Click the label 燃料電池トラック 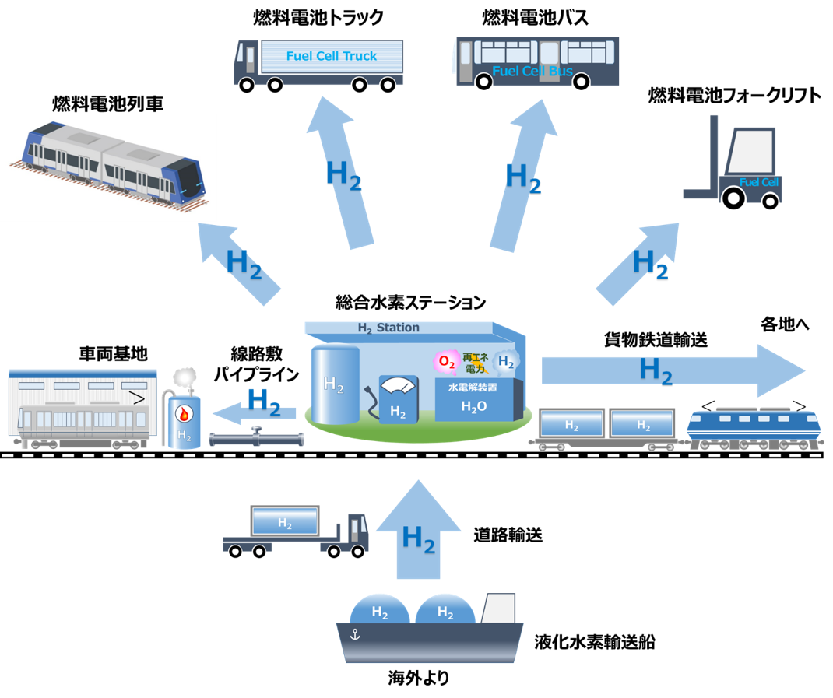318,18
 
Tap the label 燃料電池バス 535,18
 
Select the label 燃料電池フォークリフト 735,96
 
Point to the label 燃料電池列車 107,103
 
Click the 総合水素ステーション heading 410,302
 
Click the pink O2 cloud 446,362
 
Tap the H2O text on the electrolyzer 474,406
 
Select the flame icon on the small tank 184,414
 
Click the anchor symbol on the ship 356,633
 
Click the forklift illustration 733,162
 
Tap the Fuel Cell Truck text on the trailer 332,56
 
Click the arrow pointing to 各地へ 673,370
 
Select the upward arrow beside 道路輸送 419,529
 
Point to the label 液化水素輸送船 595,642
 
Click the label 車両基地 113,353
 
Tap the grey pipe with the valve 257,438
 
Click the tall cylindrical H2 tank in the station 336,384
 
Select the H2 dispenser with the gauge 398,398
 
